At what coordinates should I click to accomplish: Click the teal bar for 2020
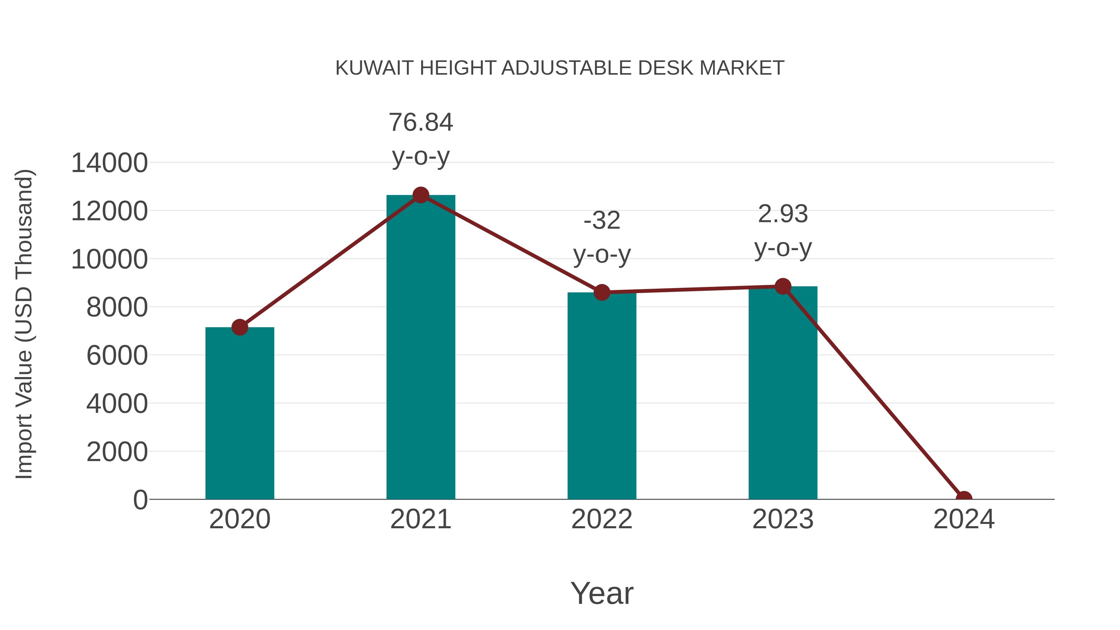240,413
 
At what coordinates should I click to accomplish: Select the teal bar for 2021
420,348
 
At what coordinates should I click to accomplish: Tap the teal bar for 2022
601,396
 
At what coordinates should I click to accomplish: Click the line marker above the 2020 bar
240,327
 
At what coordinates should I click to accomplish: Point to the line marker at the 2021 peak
420,195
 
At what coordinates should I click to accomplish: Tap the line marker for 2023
783,287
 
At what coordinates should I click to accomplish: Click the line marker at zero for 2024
964,498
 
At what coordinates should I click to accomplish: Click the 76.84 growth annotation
420,123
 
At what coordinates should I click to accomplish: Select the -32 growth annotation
601,221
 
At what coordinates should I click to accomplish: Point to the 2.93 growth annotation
783,214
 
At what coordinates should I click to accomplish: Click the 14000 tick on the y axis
109,163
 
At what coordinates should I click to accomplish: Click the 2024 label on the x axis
964,519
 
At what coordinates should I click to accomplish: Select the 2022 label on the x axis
601,519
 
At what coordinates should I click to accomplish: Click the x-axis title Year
602,593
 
